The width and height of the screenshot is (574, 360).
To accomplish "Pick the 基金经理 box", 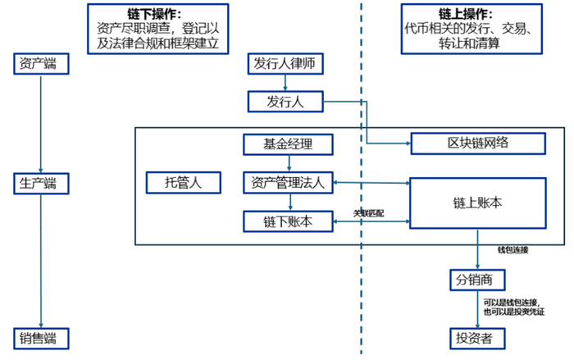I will pos(287,144).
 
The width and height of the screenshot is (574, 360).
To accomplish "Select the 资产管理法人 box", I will pos(287,183).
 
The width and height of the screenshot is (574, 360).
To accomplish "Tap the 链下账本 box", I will pos(287,221).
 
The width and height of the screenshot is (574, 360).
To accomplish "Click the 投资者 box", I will pos(476,338).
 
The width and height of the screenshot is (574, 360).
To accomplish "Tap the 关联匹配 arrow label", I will pos(368,213).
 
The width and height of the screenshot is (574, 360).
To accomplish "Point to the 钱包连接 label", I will pos(512,249).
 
